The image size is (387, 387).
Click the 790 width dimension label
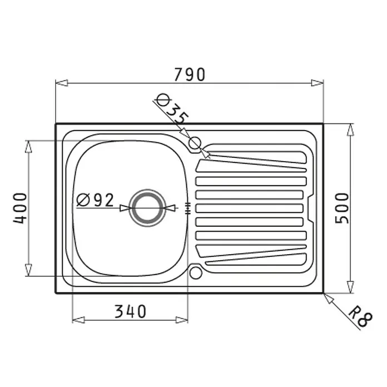(x=190, y=75)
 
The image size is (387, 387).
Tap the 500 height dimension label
(x=342, y=209)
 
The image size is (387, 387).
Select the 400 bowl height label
(x=20, y=209)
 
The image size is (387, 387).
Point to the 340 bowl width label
(x=130, y=311)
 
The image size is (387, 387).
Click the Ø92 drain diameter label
(x=95, y=200)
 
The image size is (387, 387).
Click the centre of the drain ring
(x=147, y=208)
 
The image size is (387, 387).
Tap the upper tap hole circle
(x=195, y=143)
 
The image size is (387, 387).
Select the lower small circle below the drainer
(x=196, y=272)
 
